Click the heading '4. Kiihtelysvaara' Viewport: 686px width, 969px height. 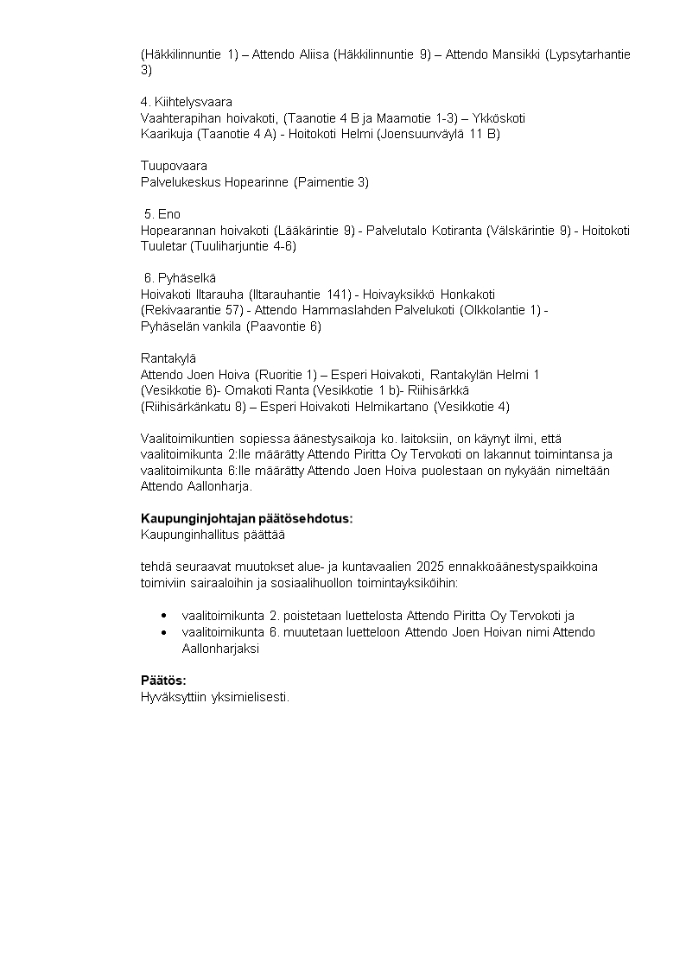(x=186, y=102)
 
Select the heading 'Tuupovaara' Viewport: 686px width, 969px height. (x=174, y=166)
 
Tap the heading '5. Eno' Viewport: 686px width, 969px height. (x=162, y=214)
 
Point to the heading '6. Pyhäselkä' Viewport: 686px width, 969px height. (x=180, y=278)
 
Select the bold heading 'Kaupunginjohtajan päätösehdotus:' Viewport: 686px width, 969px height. (x=247, y=519)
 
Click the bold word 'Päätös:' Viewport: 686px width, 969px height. (x=163, y=680)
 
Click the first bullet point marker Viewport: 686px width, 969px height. (x=164, y=616)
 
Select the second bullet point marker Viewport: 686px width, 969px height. (x=164, y=632)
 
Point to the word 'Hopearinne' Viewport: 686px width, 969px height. (x=257, y=182)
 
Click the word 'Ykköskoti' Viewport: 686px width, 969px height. (x=499, y=118)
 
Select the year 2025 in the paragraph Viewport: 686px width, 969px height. (x=429, y=567)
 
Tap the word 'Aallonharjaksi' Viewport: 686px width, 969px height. (x=220, y=649)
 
